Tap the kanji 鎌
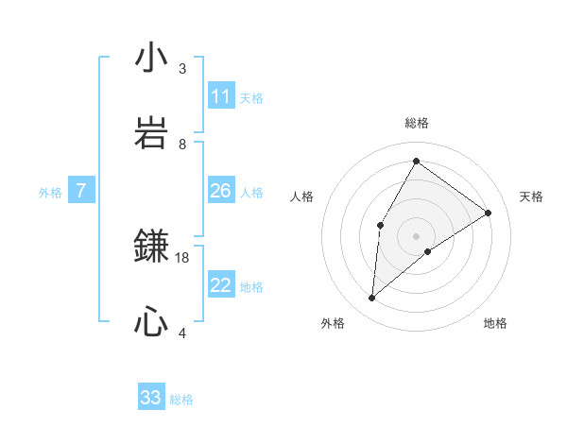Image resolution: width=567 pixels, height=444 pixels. [151, 247]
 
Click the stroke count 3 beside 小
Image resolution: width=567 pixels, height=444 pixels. [182, 69]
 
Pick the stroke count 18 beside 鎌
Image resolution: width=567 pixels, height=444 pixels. [182, 257]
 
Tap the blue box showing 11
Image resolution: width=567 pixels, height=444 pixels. [221, 96]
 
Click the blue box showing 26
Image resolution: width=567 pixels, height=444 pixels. [221, 191]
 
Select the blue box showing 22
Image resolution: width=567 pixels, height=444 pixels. [221, 285]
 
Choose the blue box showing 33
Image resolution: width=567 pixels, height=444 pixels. [151, 398]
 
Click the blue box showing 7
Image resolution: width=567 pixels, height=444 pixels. [81, 191]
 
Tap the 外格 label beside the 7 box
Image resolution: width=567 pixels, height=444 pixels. [50, 193]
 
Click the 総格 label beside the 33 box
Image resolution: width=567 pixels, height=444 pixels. [181, 400]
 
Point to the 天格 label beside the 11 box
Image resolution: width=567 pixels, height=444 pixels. [251, 97]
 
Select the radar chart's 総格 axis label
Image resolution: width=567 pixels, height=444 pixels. [416, 123]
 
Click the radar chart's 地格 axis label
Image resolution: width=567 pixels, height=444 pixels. [495, 323]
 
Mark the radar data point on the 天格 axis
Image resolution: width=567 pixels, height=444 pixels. [489, 213]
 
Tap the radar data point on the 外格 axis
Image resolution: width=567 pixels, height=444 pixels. [372, 299]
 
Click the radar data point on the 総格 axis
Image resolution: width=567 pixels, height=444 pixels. [416, 161]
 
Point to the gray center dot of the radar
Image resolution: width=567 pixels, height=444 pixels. [416, 235]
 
